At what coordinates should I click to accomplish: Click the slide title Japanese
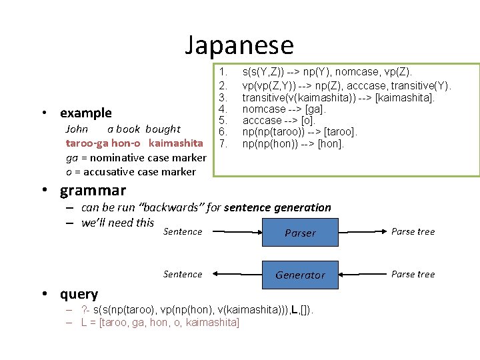pos(239,45)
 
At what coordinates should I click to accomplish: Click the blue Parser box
pos(300,233)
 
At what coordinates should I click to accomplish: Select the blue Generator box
pos(300,275)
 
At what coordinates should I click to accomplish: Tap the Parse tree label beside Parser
pos(413,232)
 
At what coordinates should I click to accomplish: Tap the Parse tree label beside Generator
pos(413,274)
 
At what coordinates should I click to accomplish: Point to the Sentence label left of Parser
pos(183,232)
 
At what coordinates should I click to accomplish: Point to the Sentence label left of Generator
pos(183,274)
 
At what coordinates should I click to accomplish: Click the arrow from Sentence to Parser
pos(233,232)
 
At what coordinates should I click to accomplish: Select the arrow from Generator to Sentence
pos(233,274)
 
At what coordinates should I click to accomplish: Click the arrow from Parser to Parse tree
pos(363,232)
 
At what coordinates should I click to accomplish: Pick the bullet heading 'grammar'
pos(93,191)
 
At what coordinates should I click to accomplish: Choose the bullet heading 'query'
pos(79,294)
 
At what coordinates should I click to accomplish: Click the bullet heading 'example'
pos(86,113)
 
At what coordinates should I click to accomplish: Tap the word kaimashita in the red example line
pos(176,143)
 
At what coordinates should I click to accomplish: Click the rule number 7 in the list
pos(224,144)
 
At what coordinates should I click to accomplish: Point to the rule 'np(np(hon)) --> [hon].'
pos(293,144)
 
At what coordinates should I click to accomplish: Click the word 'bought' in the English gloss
pos(163,129)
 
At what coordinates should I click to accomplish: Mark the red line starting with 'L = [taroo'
pos(160,323)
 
